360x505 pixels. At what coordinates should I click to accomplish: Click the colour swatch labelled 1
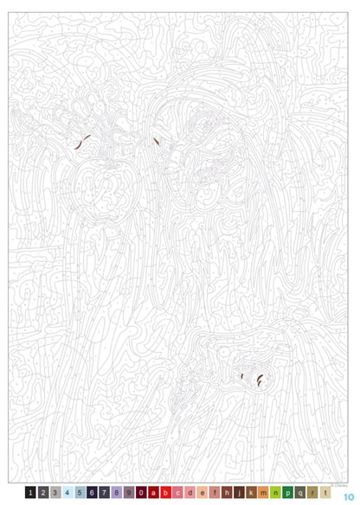pos(30,493)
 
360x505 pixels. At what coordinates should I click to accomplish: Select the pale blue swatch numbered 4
pos(67,493)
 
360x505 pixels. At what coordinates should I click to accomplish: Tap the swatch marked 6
pos(92,493)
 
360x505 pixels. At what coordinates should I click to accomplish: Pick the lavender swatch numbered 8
pos(116,493)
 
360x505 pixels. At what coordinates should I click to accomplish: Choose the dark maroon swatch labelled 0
pos(141,493)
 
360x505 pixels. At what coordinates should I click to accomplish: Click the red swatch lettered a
pos(153,493)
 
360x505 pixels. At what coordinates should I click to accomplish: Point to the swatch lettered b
pos(165,493)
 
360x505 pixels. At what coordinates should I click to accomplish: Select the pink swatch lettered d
pos(190,493)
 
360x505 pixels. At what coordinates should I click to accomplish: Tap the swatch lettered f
pos(215,493)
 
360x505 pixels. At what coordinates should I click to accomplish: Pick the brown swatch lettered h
pos(227,493)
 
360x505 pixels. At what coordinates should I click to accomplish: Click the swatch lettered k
pos(251,493)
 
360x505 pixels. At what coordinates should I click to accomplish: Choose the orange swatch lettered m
pos(264,493)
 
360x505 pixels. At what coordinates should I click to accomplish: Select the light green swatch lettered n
pos(276,493)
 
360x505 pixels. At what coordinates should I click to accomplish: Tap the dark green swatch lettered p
pos(288,493)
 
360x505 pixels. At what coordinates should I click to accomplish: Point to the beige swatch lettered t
pos(325,493)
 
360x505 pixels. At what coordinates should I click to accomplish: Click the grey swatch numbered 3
pos(55,493)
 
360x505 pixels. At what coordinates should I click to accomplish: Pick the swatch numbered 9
pos(129,493)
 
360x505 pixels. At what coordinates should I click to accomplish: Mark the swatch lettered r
pos(312,493)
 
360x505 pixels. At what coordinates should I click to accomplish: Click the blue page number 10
pos(348,495)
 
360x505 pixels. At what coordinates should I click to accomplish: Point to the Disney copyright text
pos(337,484)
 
